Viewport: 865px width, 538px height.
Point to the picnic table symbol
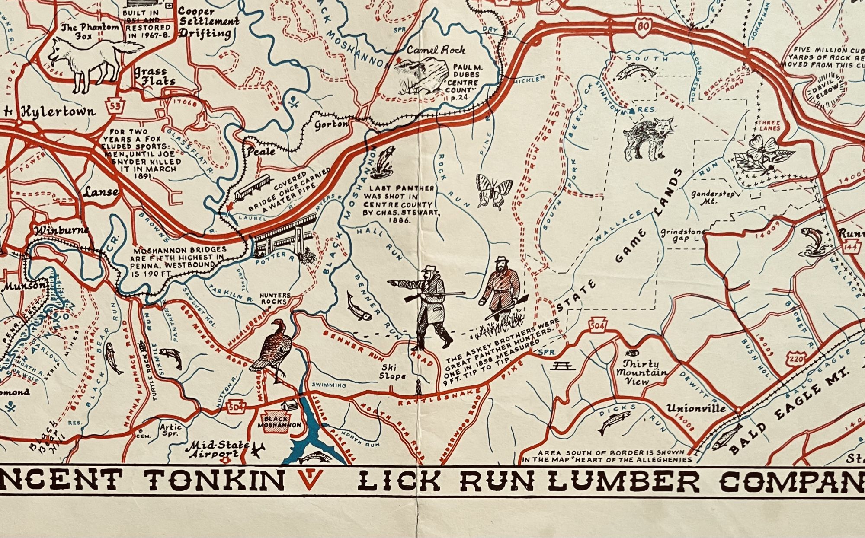click(x=562, y=366)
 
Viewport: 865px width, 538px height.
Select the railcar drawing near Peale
click(x=252, y=186)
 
